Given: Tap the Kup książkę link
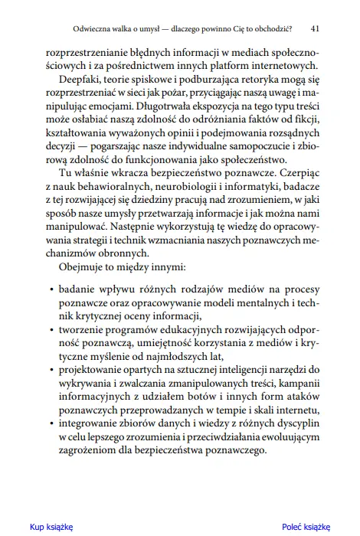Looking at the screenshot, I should click(51, 526).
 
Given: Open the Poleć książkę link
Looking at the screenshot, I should click(306, 526).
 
